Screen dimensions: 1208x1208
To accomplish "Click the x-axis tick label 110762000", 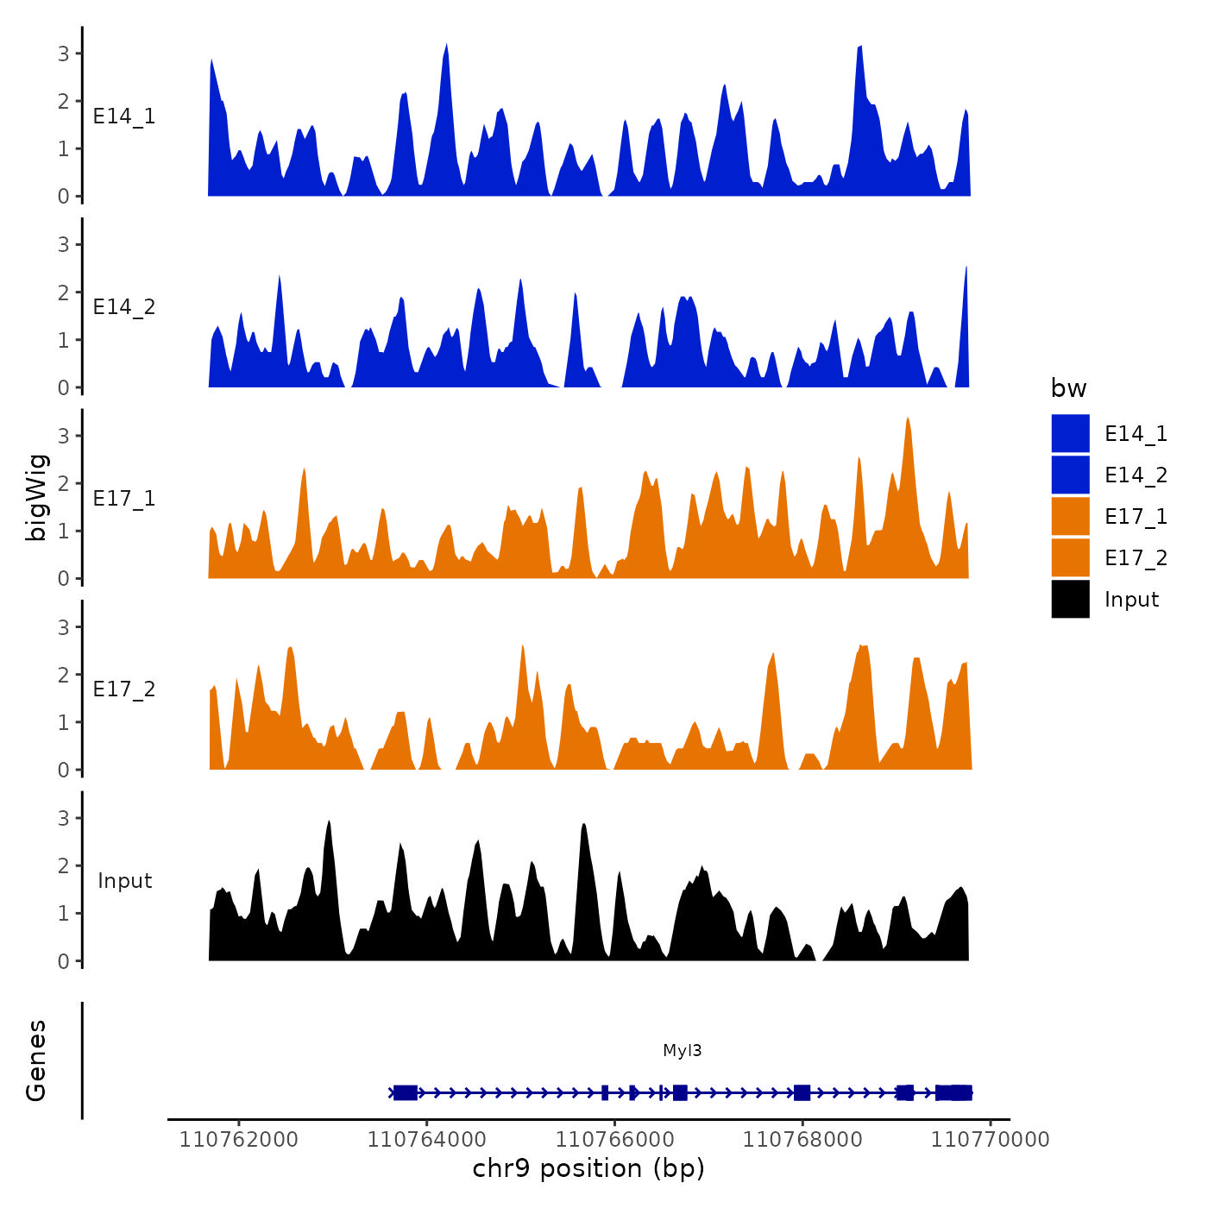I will click(238, 1140).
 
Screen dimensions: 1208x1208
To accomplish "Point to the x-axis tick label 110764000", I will click(426, 1140).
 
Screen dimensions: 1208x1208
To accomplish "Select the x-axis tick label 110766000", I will click(614, 1140).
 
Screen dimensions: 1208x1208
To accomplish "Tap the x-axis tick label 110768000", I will click(802, 1140).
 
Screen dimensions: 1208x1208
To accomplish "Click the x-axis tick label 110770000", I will click(990, 1140).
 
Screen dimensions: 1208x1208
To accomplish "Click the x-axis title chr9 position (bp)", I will click(588, 1169).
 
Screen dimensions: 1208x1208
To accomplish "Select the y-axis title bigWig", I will click(37, 497).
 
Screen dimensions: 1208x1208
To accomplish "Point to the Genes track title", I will click(37, 1060).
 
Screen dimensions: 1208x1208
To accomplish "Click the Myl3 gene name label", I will click(682, 1050).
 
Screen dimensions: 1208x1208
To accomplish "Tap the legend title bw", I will click(1068, 388).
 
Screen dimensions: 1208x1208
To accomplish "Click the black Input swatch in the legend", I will click(1070, 599).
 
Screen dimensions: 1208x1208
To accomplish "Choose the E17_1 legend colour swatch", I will click(1070, 516).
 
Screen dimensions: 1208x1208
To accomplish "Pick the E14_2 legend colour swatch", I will click(1070, 475).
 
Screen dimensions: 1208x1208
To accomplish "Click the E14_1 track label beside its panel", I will click(124, 116).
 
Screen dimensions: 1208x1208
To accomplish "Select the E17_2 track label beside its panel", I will click(124, 689).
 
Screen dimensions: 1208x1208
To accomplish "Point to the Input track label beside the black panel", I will click(124, 881).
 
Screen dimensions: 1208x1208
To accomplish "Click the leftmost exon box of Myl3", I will click(406, 1093).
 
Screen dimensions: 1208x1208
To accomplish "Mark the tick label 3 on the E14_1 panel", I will click(64, 53).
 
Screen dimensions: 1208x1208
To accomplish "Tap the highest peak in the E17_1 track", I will click(908, 419).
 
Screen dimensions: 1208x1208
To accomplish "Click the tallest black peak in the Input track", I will click(329, 822).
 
